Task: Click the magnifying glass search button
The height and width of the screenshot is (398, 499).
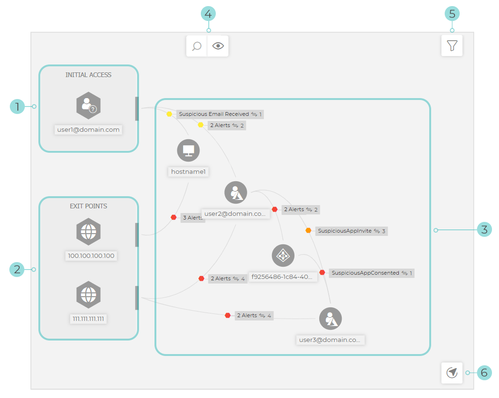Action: point(197,46)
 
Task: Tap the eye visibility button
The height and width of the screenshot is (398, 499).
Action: point(218,46)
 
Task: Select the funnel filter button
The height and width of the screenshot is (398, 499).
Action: point(452,46)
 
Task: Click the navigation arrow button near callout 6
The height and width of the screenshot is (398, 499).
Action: point(452,373)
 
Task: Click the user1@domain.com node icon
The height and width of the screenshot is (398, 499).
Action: point(88,106)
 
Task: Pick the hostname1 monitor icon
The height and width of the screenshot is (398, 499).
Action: point(188,150)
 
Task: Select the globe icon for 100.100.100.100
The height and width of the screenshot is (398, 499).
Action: point(88,231)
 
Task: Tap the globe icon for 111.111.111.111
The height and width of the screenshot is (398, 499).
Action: point(88,295)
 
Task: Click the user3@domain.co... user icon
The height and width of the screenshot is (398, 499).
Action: point(330,319)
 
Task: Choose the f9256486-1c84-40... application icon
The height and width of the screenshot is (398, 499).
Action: point(283,256)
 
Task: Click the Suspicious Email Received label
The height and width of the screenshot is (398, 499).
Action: point(214,114)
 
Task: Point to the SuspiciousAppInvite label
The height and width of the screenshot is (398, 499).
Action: point(345,231)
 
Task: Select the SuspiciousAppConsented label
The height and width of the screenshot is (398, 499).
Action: point(365,273)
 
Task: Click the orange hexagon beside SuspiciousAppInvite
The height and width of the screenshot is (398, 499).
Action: point(308,230)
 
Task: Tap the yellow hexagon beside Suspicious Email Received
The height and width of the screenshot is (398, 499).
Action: point(169,114)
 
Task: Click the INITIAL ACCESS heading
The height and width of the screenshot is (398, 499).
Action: point(88,75)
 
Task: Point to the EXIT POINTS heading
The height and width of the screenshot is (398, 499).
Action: point(88,206)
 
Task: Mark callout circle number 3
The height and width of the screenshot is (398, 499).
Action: point(484,229)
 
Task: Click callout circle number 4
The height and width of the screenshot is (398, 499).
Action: point(208,14)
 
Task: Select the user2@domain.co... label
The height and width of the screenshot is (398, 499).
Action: point(235,214)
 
